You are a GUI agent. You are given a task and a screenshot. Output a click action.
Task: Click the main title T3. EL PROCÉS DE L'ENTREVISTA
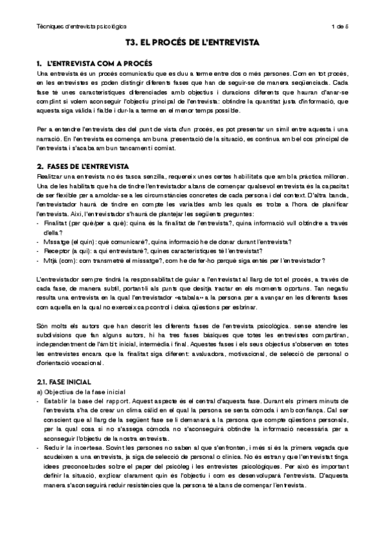[192, 44]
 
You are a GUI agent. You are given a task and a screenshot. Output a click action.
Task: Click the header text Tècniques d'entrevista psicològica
[81, 26]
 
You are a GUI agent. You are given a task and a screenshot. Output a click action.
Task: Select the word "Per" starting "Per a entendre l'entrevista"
[42, 129]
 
